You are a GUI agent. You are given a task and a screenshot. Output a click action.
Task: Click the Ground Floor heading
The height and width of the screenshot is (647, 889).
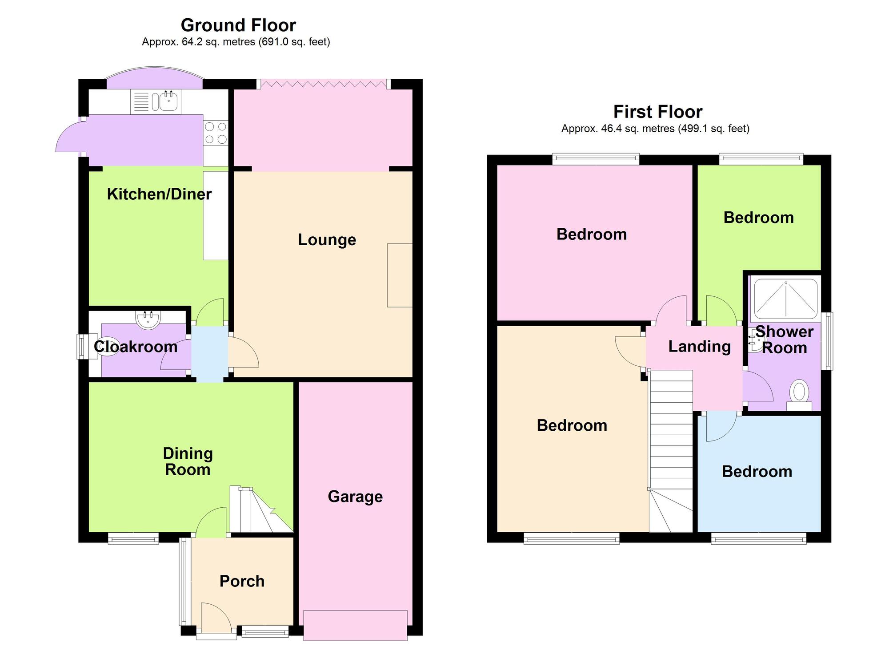pyautogui.click(x=238, y=25)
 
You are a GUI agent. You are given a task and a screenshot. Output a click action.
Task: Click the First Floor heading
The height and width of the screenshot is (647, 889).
pyautogui.click(x=658, y=112)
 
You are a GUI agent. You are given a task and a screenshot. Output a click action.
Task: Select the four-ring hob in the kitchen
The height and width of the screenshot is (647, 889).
pyautogui.click(x=216, y=133)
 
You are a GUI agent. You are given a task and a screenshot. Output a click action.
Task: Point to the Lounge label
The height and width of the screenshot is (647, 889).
pyautogui.click(x=327, y=239)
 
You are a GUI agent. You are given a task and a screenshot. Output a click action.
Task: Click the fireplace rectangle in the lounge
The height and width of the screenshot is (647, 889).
pyautogui.click(x=400, y=275)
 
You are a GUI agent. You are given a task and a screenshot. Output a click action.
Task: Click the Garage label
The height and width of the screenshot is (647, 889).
pyautogui.click(x=355, y=496)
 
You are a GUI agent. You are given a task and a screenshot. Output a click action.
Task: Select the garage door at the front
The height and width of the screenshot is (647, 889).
pyautogui.click(x=355, y=625)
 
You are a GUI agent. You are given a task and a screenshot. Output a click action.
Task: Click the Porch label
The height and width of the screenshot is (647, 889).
pyautogui.click(x=242, y=581)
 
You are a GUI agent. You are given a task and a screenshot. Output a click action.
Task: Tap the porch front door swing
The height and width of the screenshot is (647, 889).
pyautogui.click(x=216, y=617)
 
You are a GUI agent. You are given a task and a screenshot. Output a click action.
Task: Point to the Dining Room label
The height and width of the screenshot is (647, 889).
pyautogui.click(x=188, y=461)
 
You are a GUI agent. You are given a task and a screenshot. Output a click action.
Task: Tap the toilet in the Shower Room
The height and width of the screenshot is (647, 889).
pyautogui.click(x=799, y=395)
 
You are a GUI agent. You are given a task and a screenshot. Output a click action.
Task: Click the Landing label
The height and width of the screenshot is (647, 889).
pyautogui.click(x=700, y=346)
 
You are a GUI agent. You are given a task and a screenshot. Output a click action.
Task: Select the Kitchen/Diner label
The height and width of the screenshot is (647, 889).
pyautogui.click(x=159, y=194)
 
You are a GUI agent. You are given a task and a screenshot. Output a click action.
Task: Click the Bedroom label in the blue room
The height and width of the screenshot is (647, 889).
pyautogui.click(x=757, y=471)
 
